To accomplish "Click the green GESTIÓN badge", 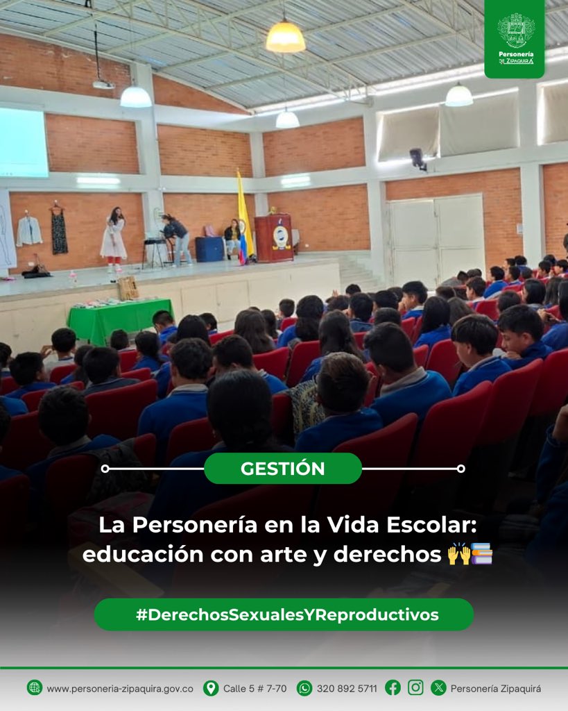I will (282, 469).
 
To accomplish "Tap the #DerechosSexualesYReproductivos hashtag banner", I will (284, 614).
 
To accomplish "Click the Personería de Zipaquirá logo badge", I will (515, 38).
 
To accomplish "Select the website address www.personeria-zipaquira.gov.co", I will (120, 689).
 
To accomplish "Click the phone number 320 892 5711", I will (347, 689).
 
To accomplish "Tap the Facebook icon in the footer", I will (393, 687).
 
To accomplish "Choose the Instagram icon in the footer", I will (415, 687).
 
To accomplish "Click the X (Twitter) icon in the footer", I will (438, 688).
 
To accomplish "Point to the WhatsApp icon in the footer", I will (304, 688).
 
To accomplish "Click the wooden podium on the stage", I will (274, 237).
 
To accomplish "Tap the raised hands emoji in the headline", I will (458, 555).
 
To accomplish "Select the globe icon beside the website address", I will (35, 688).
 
